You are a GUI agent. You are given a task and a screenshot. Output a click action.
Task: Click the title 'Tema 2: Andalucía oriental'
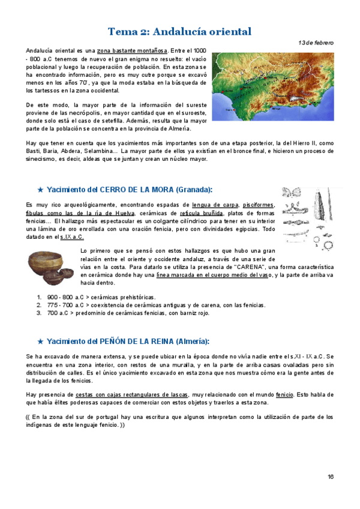point(179,31)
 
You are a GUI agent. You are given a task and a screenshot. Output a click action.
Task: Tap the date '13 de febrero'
point(316,43)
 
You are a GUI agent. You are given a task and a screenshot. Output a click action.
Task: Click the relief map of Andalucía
point(273,83)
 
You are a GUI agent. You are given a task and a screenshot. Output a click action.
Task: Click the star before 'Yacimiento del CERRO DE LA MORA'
point(40,190)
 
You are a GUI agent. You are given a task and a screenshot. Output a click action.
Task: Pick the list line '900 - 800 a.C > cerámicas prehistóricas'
point(101,297)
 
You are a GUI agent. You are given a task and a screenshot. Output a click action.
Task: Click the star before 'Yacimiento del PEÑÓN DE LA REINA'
point(40,342)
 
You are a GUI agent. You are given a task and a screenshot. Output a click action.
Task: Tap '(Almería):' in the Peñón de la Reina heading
point(191,342)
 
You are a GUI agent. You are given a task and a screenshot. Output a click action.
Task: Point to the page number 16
point(330,477)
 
